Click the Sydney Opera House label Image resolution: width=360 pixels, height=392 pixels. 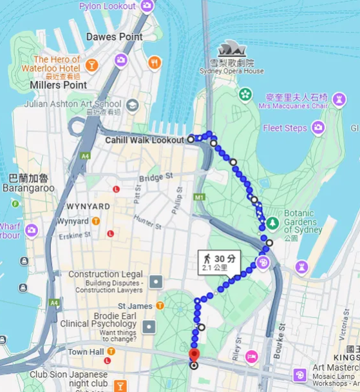pos(236,71)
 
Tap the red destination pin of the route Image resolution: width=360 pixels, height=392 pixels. pos(194,355)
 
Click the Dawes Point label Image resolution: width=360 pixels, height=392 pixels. pos(115,37)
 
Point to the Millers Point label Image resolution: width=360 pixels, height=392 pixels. pos(58,85)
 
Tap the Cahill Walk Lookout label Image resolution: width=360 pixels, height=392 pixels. pos(145,139)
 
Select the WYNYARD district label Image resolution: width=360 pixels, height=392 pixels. pos(88,206)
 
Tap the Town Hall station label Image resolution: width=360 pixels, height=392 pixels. pos(86,352)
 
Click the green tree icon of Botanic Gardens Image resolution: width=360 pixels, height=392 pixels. pos(272,222)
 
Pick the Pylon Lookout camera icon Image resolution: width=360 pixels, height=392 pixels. pos(147,6)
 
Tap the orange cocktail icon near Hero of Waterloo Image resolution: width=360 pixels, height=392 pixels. pos(91,64)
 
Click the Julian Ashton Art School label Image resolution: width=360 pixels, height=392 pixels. pos(72,103)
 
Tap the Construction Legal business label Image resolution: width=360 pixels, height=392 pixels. pos(105,275)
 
